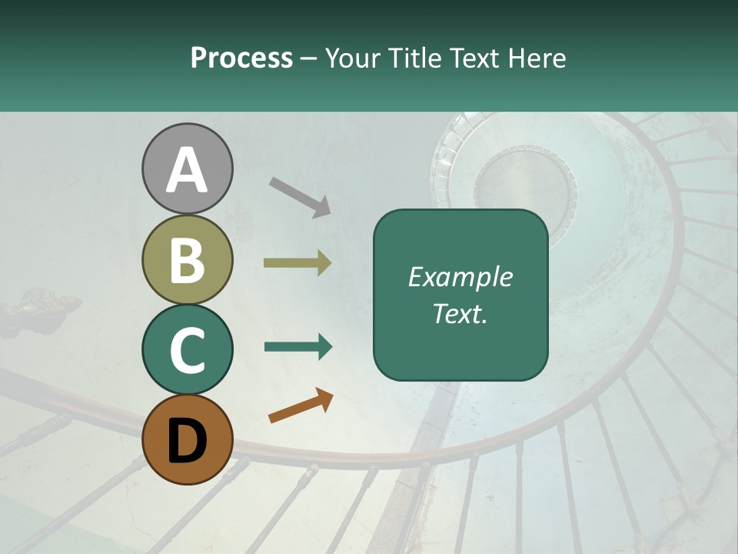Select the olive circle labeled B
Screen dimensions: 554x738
coord(187,260)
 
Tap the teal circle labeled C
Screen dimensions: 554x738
coord(187,349)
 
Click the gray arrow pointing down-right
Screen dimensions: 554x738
coord(300,196)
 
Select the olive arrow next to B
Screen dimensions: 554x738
coord(298,263)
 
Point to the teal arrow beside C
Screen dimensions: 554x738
coord(298,346)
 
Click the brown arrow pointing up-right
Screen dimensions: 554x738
coord(301,405)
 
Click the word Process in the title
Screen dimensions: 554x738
coord(241,58)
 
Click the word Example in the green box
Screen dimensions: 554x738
coord(460,277)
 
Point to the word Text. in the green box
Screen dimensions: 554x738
coord(460,314)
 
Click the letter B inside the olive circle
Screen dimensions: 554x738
coord(187,260)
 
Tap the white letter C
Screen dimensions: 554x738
coord(187,351)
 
